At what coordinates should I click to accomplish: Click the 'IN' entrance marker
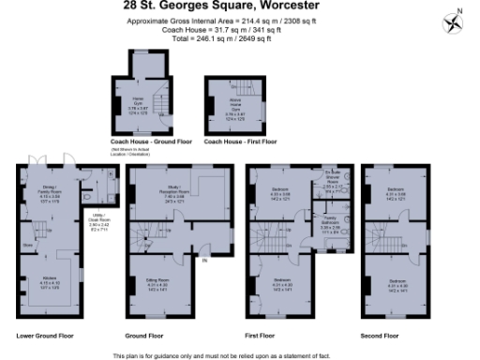tap(203, 260)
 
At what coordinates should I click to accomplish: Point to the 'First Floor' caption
tap(262, 335)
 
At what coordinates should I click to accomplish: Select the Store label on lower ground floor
tap(27, 247)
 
